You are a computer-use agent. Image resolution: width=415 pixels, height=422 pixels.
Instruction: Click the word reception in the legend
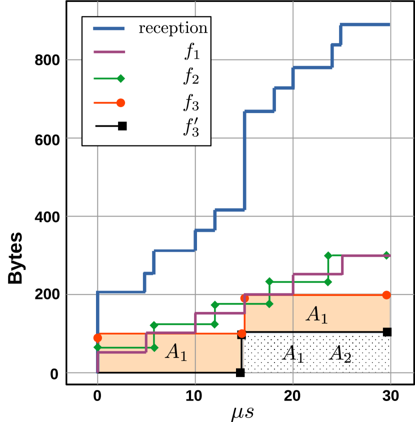tap(173, 28)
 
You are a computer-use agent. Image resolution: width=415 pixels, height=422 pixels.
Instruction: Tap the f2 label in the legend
tap(190, 77)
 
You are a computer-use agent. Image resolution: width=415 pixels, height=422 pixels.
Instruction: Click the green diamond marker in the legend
tap(120, 78)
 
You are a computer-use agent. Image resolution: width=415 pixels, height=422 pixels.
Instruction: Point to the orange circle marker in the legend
tap(120, 102)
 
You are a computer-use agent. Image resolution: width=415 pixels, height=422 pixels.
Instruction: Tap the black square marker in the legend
tap(122, 126)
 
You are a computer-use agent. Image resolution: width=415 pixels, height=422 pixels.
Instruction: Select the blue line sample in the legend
tap(109, 28)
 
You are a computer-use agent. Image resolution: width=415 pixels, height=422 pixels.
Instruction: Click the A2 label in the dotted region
tap(340, 354)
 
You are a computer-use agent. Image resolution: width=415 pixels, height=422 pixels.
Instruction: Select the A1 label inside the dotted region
tap(292, 353)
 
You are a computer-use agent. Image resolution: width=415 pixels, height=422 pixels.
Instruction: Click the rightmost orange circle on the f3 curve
tap(386, 294)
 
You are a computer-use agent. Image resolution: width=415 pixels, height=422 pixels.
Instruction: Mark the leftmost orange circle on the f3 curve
tap(97, 337)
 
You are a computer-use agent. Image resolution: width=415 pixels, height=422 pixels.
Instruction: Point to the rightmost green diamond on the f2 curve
tap(386, 255)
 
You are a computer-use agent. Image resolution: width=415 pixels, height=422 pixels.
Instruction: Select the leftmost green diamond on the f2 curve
tap(97, 346)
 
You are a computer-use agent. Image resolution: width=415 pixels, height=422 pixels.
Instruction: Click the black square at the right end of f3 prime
tap(387, 331)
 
